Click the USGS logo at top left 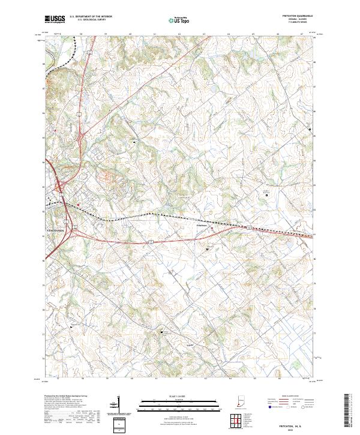coord(55,19)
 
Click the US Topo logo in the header coord(181,19)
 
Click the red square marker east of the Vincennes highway coord(77,203)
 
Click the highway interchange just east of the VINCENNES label coord(76,226)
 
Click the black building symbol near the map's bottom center coord(161,331)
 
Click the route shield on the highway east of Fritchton coord(245,227)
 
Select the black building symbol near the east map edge coord(310,128)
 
